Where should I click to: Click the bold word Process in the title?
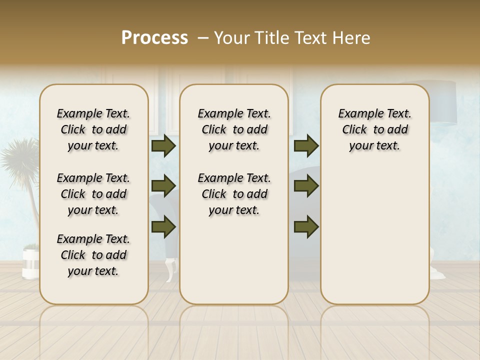point(154,37)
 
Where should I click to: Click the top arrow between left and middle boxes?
point(163,146)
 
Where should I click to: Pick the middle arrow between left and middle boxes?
point(163,186)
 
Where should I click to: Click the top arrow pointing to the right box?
point(306,146)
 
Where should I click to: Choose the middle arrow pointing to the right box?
point(306,186)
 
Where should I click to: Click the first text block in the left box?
point(93,129)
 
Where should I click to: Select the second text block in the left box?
point(93,194)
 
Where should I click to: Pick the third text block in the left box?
point(93,255)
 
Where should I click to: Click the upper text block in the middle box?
point(234,129)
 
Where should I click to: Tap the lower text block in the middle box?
point(234,194)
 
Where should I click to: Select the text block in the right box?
point(374,129)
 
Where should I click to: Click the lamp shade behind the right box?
point(443,102)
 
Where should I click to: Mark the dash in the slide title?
point(203,38)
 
